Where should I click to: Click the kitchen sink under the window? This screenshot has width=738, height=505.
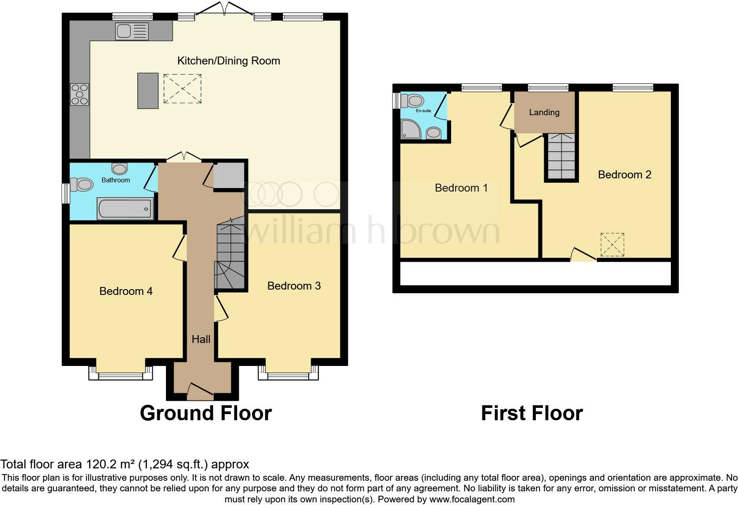click(x=132, y=31)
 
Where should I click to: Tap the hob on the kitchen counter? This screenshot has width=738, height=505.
click(x=80, y=94)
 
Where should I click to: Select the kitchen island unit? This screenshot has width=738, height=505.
click(x=148, y=90)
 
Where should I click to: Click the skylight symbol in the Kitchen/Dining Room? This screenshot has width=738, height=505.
click(x=182, y=89)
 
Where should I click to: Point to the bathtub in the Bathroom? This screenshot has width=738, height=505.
click(x=125, y=208)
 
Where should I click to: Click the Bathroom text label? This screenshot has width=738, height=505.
click(x=116, y=180)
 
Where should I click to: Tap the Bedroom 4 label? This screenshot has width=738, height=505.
click(x=126, y=291)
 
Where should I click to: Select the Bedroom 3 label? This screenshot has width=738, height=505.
click(x=294, y=286)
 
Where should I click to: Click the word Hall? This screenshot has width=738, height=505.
click(x=201, y=339)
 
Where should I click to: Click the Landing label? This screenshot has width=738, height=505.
click(x=544, y=112)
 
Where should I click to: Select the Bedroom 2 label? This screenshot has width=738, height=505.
click(x=625, y=174)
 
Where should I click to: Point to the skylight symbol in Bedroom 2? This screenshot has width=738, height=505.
click(x=612, y=245)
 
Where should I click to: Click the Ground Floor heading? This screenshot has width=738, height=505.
click(x=206, y=413)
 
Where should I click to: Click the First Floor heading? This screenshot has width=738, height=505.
click(x=532, y=413)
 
